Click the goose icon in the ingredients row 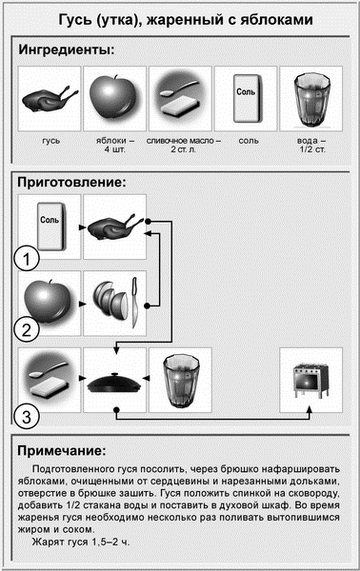tap(50, 96)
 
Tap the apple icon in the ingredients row tap(113, 96)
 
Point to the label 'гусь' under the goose tap(50, 140)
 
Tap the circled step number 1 tap(30, 257)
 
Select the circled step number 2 tap(30, 330)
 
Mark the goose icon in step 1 tap(113, 227)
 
